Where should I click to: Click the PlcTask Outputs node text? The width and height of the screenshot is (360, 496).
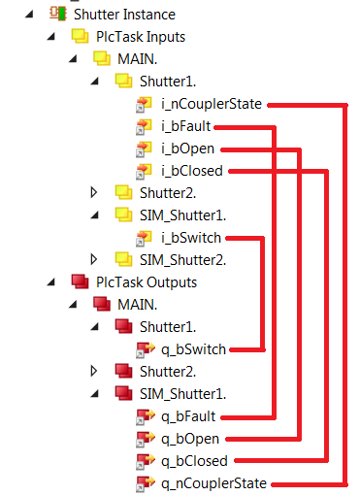coord(146,281)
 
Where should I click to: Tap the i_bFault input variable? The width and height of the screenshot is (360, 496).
coord(186,126)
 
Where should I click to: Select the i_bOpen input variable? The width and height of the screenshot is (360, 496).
coord(187,149)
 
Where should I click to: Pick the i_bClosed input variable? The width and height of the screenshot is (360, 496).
coord(192,171)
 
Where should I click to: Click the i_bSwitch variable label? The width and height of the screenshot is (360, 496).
coord(193,238)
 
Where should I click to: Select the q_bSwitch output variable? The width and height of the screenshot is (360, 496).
coord(194,349)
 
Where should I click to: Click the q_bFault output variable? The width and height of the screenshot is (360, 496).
coord(188,416)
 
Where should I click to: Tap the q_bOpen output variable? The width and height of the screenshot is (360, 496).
coord(188,439)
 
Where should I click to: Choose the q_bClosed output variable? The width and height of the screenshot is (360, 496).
coord(194,461)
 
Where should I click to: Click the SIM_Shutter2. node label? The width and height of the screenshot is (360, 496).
coord(180,259)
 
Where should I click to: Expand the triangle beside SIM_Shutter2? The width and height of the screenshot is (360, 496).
coord(94,259)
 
